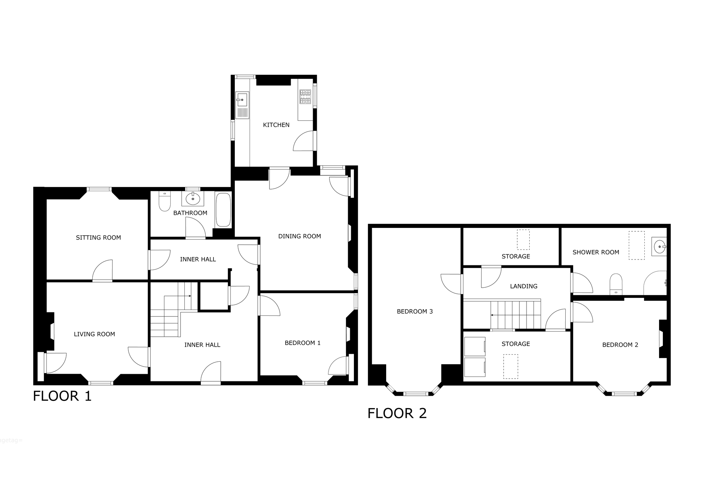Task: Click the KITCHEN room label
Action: [276, 125]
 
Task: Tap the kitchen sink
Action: [242, 105]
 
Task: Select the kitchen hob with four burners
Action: [305, 96]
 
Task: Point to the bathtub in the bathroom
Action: [223, 210]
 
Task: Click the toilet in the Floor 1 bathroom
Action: [165, 201]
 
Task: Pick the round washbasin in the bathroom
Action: [193, 199]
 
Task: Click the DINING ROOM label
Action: [299, 236]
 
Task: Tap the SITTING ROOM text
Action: [98, 238]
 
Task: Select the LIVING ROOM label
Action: [94, 334]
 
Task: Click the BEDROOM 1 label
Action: [302, 343]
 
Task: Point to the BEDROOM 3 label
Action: [415, 312]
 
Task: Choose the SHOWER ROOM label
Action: [596, 252]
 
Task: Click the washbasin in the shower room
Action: [659, 246]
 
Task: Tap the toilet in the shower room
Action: [616, 284]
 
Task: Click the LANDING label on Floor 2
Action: [523, 286]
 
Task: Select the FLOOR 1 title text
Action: [62, 396]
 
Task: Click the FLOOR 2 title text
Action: [397, 413]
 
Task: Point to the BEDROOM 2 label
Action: [620, 345]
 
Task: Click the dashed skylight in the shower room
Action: [636, 245]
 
